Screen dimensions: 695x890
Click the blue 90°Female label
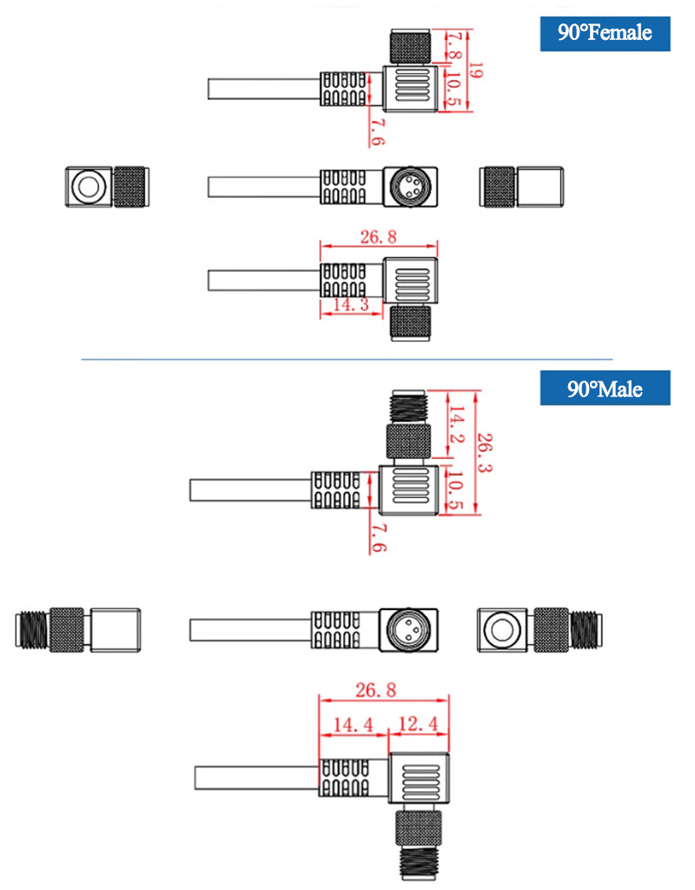(605, 34)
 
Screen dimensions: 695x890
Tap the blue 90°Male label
(605, 389)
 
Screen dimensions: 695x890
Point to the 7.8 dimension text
(453, 45)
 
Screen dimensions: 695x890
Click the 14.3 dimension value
(351, 305)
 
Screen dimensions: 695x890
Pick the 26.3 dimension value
(485, 452)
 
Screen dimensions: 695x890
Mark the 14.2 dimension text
(457, 424)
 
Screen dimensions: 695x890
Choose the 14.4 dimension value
(353, 725)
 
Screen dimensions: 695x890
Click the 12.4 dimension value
(419, 724)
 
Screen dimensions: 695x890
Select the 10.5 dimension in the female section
(452, 90)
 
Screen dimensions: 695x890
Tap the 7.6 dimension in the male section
(379, 537)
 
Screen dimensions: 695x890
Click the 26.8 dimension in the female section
(379, 236)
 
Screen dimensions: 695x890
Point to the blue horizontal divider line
(347, 359)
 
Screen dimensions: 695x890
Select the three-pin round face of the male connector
(408, 629)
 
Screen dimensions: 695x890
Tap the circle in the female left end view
(89, 187)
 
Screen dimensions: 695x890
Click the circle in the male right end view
(501, 630)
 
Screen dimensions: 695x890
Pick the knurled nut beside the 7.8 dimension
(410, 47)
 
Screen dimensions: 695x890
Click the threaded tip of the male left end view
(32, 629)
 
